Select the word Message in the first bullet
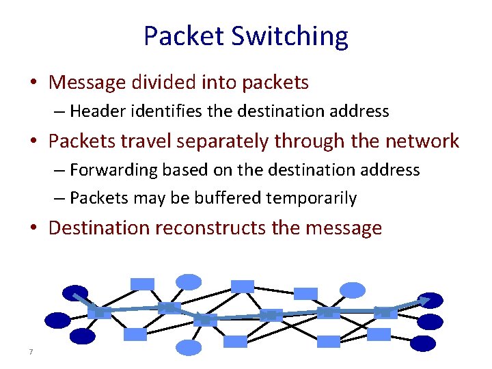[88, 83]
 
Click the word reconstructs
[211, 228]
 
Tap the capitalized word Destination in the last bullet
[100, 228]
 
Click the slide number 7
[31, 352]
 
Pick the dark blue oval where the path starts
[75, 293]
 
